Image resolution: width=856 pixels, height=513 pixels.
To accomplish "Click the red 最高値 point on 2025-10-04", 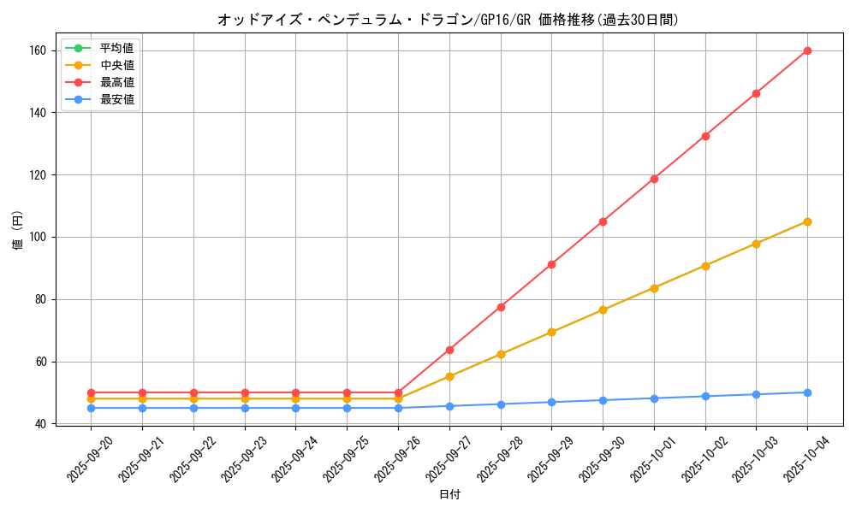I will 807,50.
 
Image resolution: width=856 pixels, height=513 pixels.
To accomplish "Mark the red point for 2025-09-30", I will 603,221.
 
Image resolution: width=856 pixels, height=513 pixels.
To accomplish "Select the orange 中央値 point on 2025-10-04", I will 807,221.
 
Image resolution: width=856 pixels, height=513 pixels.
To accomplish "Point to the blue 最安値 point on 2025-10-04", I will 807,392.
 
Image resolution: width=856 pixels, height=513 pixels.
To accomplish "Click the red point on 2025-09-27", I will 449,350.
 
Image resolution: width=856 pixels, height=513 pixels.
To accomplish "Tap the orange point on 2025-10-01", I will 654,288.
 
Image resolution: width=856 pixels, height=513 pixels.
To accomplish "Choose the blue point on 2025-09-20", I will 91,408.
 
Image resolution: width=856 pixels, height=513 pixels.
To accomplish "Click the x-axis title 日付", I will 449,495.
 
